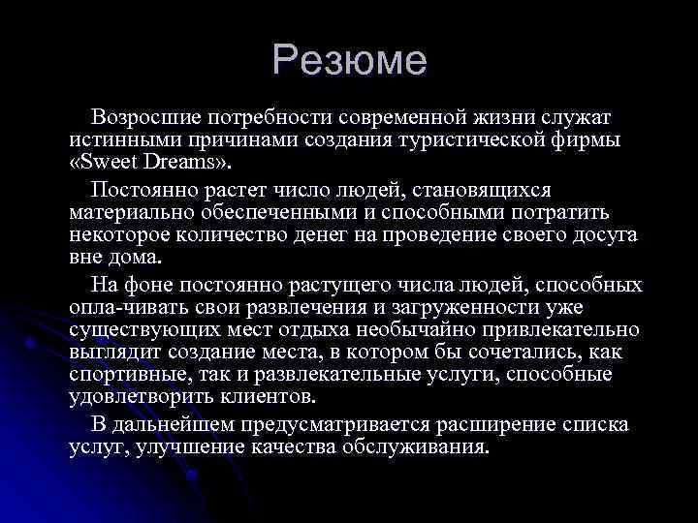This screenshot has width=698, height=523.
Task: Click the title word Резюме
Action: click(349, 61)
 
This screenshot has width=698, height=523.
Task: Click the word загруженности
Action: click(430, 307)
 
